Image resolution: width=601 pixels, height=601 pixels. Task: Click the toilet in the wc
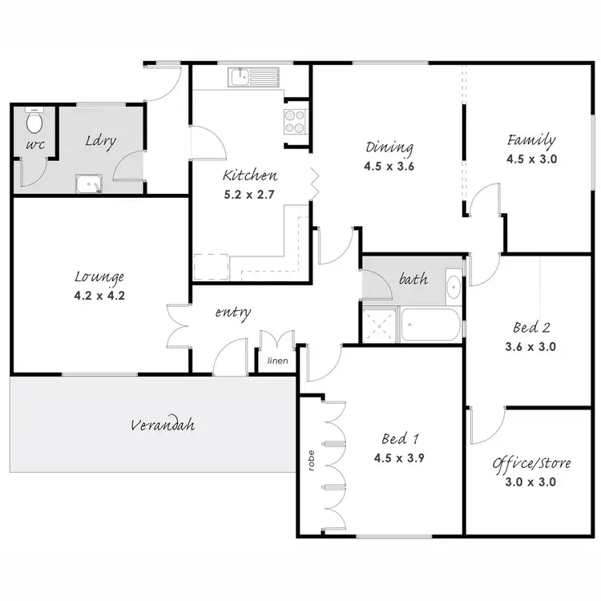[34, 123]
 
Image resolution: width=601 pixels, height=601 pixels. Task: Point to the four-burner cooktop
[294, 120]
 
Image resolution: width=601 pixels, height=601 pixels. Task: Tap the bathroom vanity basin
[452, 287]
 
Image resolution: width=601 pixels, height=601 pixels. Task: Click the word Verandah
[163, 425]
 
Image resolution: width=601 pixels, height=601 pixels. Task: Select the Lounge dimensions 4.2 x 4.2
[99, 294]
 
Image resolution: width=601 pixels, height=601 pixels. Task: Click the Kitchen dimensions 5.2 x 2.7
[250, 193]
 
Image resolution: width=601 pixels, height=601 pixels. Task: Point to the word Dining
[389, 147]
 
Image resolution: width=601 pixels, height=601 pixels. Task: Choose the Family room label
[530, 140]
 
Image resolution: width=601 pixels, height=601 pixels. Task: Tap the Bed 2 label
[531, 327]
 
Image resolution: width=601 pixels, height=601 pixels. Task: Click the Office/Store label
[525, 463]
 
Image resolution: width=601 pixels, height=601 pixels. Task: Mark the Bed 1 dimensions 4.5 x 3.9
[398, 458]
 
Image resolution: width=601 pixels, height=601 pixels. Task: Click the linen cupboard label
[278, 361]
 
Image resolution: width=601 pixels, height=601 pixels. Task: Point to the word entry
[233, 312]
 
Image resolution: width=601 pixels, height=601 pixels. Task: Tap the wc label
[33, 147]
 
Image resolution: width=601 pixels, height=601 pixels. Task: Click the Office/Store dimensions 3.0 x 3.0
[525, 482]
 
